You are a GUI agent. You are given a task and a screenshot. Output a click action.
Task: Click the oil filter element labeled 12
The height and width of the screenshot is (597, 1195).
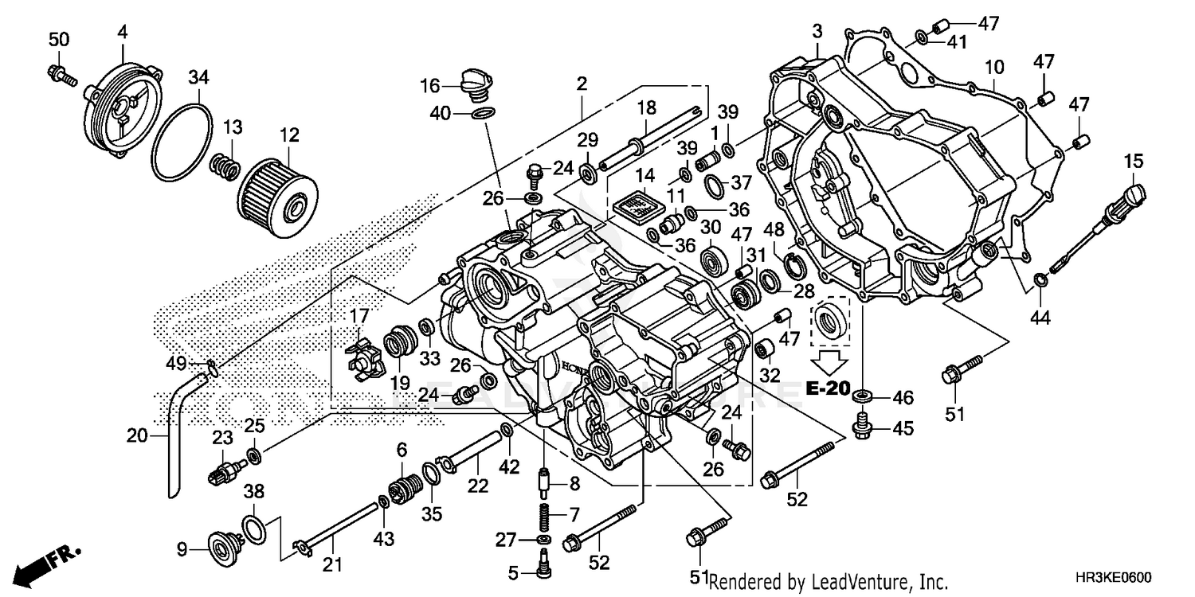point(279,196)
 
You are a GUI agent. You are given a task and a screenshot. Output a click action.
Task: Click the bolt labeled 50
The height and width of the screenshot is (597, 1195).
point(61,74)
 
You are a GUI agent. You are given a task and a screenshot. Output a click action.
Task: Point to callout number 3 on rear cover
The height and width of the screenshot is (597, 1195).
point(817,31)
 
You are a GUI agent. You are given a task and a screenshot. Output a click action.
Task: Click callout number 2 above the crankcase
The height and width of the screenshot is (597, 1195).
point(582,84)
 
